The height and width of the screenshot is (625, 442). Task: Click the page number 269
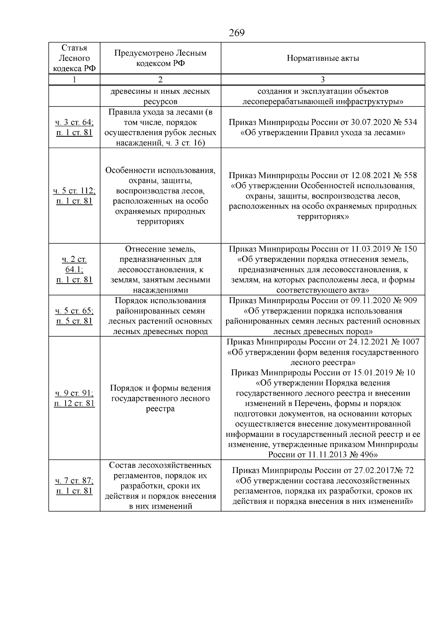236,33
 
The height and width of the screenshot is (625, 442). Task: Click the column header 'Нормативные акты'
323,58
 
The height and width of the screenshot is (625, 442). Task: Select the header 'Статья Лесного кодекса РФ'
74,58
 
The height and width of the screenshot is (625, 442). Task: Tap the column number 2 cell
160,80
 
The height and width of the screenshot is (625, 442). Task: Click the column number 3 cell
323,80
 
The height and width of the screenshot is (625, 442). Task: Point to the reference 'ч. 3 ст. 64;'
74,122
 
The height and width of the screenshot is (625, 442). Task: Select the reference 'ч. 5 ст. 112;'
74,191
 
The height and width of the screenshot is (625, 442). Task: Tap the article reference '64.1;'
74,270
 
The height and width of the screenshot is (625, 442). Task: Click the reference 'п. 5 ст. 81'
74,321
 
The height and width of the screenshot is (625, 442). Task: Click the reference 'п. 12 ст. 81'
74,403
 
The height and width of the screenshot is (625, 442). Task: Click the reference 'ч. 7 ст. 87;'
74,481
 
